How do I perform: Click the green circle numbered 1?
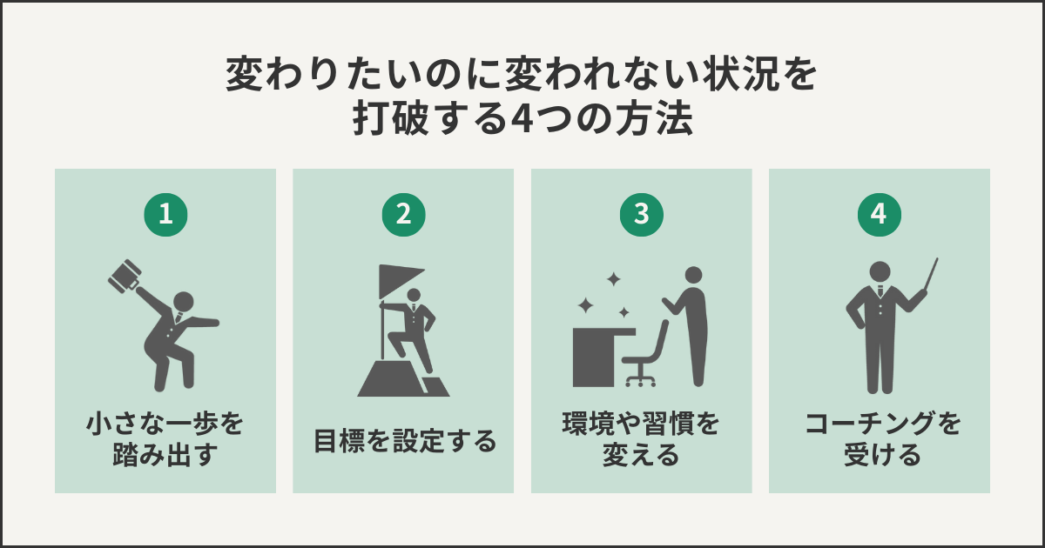point(165,216)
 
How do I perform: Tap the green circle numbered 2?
point(403,216)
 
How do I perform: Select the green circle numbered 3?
point(641,216)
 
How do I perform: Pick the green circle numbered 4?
point(879,216)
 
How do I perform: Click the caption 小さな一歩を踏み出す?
point(165,439)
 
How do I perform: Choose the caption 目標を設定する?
point(403,441)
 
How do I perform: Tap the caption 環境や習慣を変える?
point(641,439)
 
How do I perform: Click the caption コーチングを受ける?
point(879,439)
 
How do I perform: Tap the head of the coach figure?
point(880,271)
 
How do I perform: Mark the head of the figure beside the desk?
point(693,276)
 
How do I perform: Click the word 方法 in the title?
point(659,120)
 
